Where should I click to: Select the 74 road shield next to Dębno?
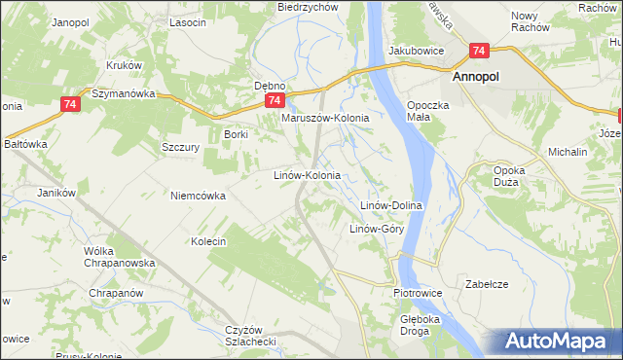click(x=275, y=100)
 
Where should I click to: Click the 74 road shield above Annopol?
click(x=479, y=52)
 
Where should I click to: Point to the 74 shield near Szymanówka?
click(x=68, y=103)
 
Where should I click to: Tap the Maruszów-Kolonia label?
click(x=325, y=118)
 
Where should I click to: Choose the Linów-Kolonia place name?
click(x=306, y=176)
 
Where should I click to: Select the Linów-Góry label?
click(x=377, y=230)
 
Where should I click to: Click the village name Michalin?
click(x=568, y=153)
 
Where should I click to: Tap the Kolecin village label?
click(x=208, y=241)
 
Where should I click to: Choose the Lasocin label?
click(x=187, y=21)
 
